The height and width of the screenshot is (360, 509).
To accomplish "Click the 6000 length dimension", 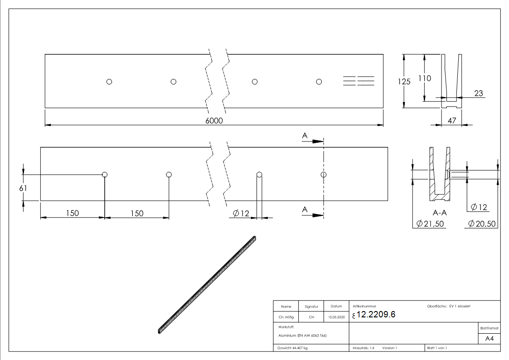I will (214, 121).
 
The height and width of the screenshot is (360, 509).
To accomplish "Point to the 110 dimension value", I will (424, 78).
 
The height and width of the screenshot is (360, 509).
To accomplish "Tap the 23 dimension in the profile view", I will (479, 94).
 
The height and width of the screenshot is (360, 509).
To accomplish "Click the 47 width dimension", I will (451, 121).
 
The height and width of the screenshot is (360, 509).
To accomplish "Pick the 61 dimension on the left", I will (23, 188).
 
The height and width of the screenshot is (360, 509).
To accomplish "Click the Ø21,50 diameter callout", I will (429, 224).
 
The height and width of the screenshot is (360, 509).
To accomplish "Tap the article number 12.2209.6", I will (376, 315).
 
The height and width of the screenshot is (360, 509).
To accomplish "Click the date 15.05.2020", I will (336, 317).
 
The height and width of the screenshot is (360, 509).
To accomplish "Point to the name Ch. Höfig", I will (286, 317).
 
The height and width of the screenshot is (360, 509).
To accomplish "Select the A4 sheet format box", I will (489, 338).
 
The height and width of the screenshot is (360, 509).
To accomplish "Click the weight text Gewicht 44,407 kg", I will (292, 348).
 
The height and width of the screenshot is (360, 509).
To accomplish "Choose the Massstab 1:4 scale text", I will (363, 348).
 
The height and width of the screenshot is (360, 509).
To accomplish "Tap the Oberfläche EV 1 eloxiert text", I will (449, 306).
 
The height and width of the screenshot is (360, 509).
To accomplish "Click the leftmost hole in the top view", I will (109, 82).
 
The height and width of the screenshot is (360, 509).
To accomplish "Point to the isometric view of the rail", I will (207, 284).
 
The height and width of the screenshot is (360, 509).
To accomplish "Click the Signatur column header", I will (311, 306).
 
